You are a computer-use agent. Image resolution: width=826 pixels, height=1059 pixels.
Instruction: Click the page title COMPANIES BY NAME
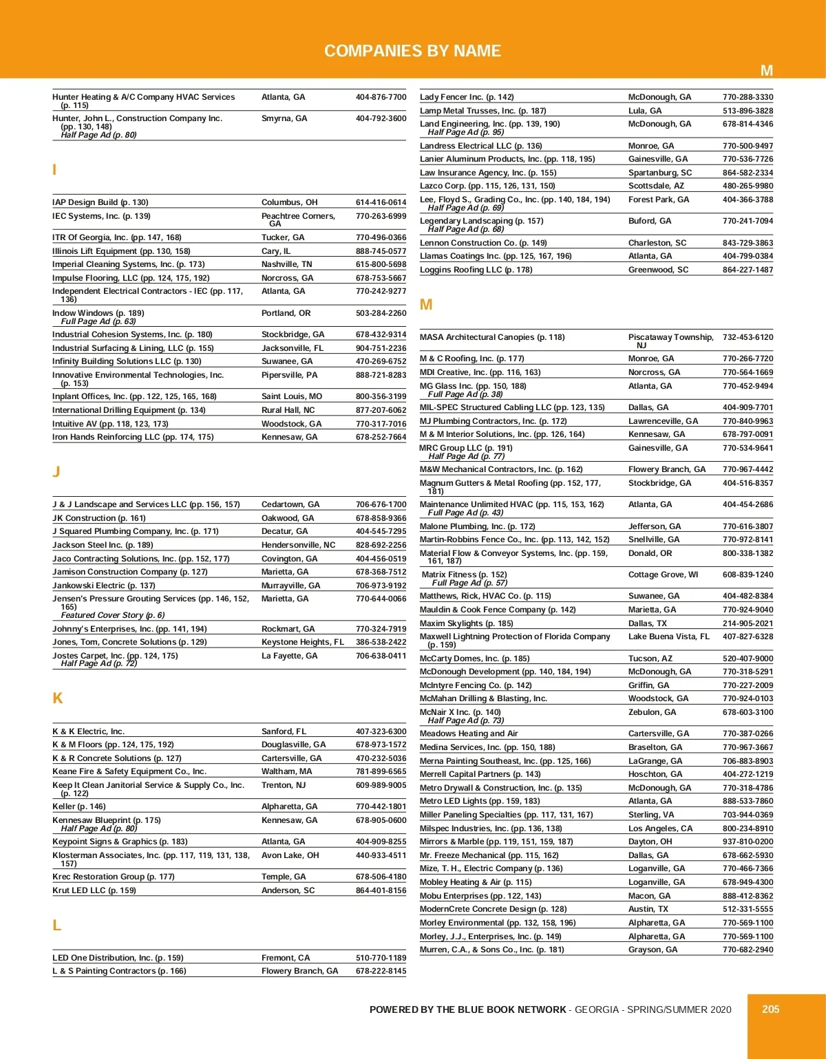(412, 51)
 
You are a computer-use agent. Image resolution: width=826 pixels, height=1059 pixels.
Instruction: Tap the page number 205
(770, 1009)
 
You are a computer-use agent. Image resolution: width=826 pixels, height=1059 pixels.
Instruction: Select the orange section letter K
(58, 698)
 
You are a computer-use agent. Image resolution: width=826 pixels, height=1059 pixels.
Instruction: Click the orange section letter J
(56, 471)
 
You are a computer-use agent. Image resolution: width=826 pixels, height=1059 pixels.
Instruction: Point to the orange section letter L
(57, 926)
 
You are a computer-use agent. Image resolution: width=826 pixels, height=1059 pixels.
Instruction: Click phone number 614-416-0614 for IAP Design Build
(381, 202)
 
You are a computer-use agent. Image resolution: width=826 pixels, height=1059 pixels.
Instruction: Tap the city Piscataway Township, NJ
(670, 341)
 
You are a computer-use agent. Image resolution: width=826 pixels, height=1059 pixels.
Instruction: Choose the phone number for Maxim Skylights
(748, 623)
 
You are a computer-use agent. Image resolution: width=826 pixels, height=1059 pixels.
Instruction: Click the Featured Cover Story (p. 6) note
(113, 615)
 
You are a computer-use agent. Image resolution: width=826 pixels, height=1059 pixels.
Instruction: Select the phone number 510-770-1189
(381, 958)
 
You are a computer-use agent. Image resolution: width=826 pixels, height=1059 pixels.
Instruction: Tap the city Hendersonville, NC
(298, 545)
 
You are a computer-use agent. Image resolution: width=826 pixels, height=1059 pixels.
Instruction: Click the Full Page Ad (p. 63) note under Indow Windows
(98, 321)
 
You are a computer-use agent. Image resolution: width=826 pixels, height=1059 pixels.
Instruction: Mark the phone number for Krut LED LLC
(381, 890)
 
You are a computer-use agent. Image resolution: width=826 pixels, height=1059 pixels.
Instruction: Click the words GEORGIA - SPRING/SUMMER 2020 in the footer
(653, 1009)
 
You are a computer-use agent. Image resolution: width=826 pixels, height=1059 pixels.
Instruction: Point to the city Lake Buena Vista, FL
(668, 637)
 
